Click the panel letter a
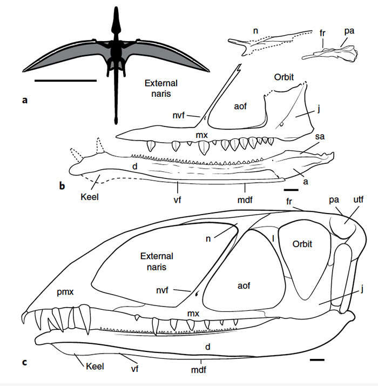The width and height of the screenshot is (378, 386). click(25, 100)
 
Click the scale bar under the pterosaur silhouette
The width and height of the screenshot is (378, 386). click(65, 81)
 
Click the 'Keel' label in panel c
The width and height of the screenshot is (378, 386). click(94, 366)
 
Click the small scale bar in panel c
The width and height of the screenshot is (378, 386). click(317, 359)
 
